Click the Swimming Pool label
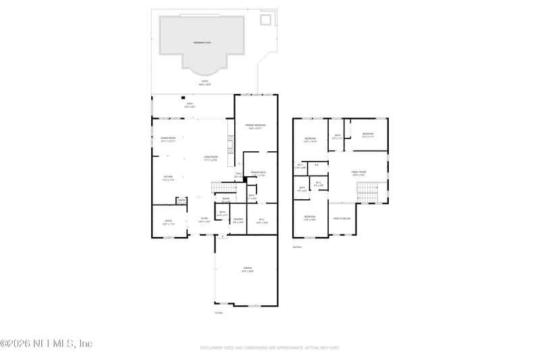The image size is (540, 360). coord(202,43)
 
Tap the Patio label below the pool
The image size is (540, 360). coord(205,82)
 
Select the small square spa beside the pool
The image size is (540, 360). coord(267,19)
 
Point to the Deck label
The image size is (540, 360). coord(190,105)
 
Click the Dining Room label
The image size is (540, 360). coord(168,139)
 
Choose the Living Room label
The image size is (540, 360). coord(211,158)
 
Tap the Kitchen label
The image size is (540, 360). coord(168,178)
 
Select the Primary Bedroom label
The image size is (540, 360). coord(256,126)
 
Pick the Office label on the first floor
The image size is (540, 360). coord(169,222)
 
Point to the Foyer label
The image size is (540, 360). coord(204,220)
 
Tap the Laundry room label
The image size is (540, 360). coord(238,220)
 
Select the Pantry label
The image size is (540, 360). coord(181,200)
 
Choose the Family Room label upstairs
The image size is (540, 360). coord(358,173)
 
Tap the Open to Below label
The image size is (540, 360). coord(342,219)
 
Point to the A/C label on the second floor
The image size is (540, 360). coord(317,165)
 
